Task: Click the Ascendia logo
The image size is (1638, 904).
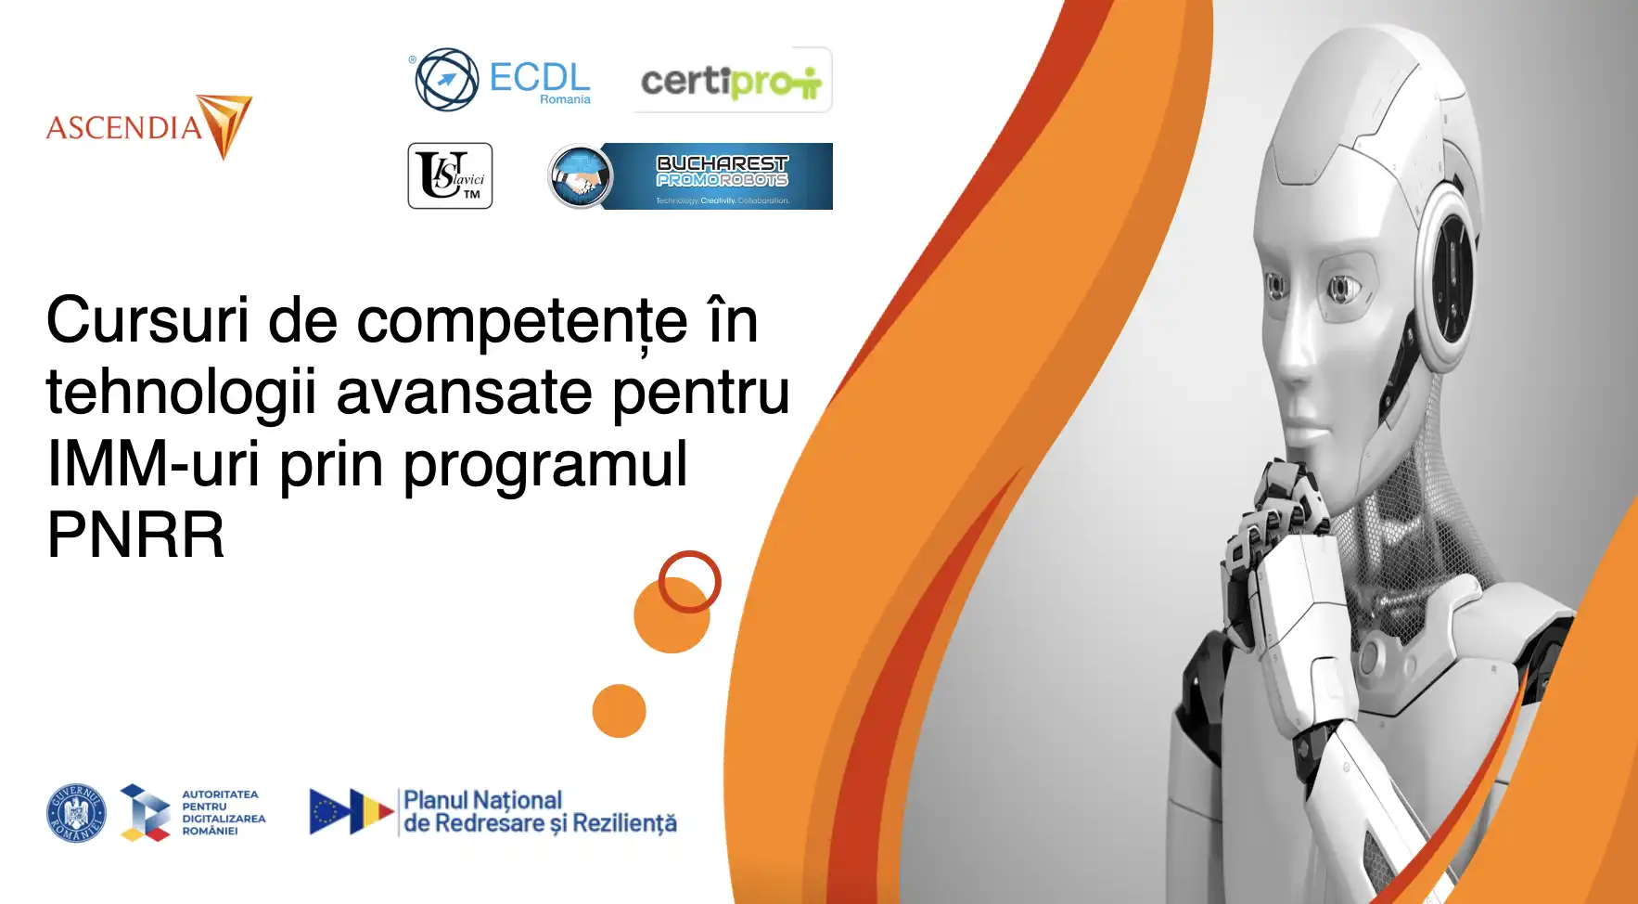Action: (x=148, y=127)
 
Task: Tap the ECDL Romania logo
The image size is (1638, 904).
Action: (x=502, y=80)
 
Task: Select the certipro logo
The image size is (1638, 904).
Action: (x=732, y=81)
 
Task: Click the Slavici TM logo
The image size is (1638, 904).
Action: (x=450, y=176)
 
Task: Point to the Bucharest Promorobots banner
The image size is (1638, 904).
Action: (x=690, y=176)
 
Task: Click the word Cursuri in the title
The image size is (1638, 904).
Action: (x=147, y=321)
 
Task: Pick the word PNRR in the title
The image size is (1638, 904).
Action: (x=135, y=536)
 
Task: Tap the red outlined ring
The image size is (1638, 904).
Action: (x=690, y=581)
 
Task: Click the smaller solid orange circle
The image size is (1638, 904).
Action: (x=619, y=711)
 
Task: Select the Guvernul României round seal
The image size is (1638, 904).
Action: (x=76, y=813)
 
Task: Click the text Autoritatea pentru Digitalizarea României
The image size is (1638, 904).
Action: (x=223, y=813)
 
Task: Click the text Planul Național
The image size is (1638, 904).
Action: (x=482, y=800)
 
